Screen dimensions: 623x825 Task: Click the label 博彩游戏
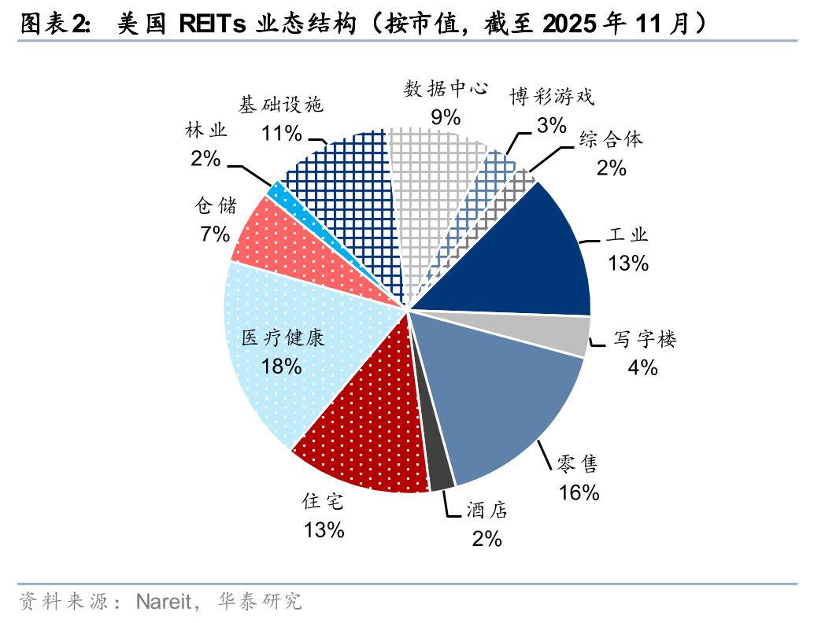tap(550, 98)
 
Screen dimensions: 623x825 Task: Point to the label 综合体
tap(611, 140)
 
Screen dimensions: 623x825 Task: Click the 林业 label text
tap(205, 131)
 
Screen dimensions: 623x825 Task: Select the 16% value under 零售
tap(579, 492)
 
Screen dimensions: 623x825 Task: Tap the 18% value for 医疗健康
tap(282, 365)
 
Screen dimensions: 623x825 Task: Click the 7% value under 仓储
tap(215, 234)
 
